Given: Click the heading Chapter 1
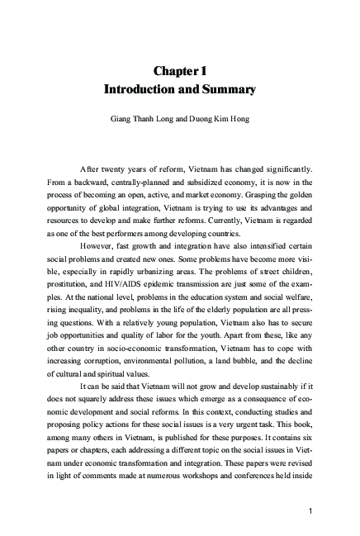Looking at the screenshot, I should click(180, 70).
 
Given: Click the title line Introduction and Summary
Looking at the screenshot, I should click(180, 89).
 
